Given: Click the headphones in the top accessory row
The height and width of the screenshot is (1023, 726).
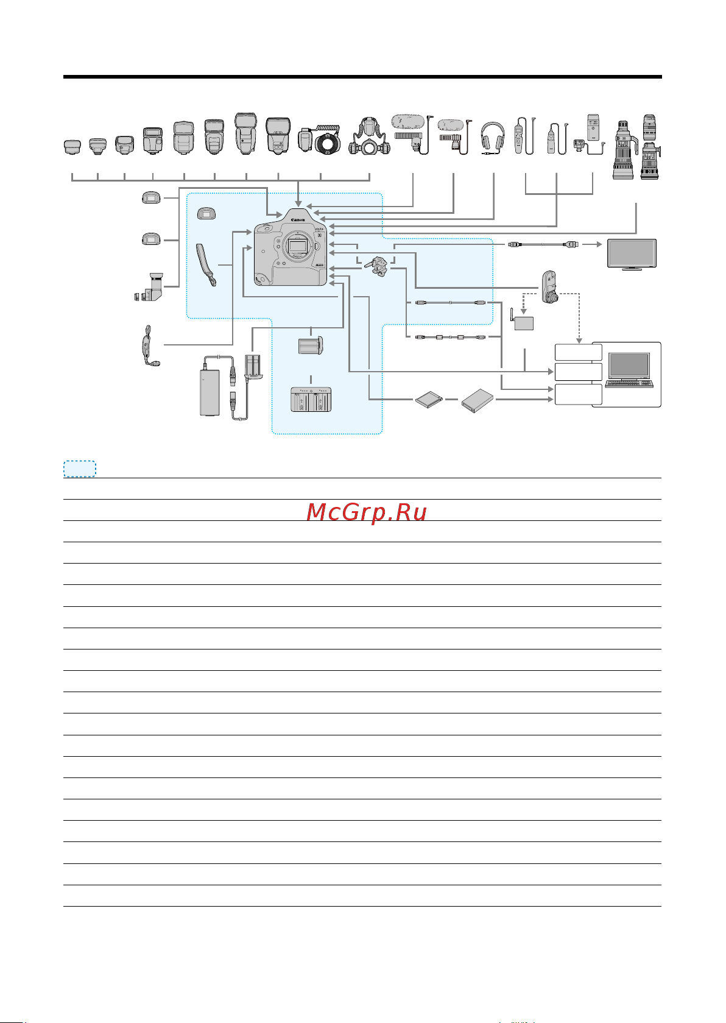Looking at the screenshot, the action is (x=493, y=138).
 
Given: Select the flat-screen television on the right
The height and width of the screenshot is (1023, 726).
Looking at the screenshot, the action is (x=632, y=254).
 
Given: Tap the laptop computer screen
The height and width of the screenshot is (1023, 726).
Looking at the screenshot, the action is (x=629, y=366).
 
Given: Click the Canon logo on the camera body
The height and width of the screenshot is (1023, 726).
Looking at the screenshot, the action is (x=298, y=220).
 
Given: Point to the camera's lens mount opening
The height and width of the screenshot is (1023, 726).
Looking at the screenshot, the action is (x=297, y=247).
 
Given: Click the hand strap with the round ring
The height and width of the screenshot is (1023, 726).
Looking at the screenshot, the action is (x=150, y=345).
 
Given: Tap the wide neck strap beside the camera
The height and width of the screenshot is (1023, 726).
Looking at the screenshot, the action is (x=206, y=265).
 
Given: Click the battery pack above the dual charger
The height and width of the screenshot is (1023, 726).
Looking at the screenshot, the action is (x=311, y=345).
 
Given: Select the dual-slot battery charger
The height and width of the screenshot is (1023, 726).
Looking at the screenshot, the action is (x=311, y=399).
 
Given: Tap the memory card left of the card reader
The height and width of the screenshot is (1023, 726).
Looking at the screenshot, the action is (x=429, y=399).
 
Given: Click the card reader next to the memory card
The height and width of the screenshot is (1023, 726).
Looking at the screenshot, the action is (x=478, y=400).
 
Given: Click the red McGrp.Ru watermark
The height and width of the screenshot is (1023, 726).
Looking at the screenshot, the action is (x=367, y=512).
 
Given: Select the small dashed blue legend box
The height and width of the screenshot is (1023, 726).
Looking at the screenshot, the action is (x=79, y=469).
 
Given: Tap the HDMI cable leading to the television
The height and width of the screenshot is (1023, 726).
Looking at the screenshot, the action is (x=543, y=244).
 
